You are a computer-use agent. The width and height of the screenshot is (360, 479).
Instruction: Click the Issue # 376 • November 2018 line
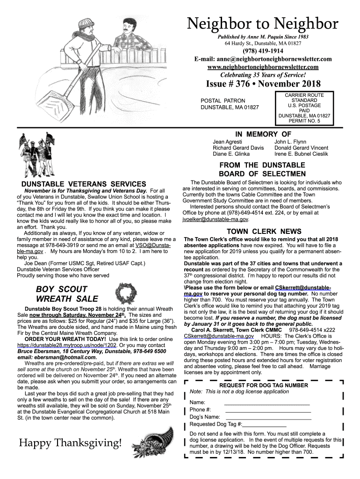tap(263, 84)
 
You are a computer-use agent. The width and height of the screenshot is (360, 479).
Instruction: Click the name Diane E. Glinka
tap(231, 154)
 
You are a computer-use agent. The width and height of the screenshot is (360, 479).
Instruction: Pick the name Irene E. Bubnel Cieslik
tap(301, 154)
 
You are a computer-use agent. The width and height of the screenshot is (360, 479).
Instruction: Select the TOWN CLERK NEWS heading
tap(264, 231)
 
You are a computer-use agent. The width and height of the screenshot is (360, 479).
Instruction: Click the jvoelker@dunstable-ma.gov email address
tap(216, 219)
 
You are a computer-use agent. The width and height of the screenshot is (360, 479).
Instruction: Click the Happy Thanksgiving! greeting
tap(70, 443)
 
